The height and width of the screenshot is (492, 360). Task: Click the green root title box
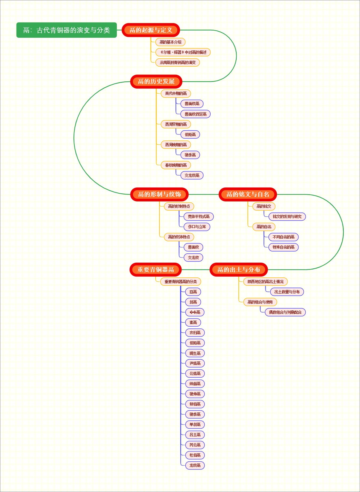(66, 30)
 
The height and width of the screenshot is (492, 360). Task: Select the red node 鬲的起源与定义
(151, 30)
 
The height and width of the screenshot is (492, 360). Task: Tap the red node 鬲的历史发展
(156, 81)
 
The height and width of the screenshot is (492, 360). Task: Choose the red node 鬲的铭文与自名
(247, 194)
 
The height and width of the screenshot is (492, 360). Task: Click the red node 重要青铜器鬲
(155, 270)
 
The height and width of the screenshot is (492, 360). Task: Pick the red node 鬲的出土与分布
(238, 270)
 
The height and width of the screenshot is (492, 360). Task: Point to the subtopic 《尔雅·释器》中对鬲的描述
(183, 52)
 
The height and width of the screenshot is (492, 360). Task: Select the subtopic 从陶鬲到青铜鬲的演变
(177, 62)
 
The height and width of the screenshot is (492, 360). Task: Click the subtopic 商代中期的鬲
(176, 93)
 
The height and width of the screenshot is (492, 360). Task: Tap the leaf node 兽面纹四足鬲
(195, 114)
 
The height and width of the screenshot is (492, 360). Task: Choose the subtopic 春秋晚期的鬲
(176, 165)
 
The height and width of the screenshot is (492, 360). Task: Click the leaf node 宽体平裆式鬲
(199, 216)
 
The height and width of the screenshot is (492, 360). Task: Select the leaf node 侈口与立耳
(197, 227)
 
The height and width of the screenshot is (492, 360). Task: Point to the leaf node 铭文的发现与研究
(287, 216)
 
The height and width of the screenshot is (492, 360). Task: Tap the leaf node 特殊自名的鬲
(283, 247)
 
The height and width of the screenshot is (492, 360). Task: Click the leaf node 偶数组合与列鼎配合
(285, 312)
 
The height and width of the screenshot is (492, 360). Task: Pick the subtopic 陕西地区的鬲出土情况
(265, 282)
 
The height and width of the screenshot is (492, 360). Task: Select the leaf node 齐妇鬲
(195, 333)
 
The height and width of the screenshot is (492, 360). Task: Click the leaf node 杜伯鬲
(195, 455)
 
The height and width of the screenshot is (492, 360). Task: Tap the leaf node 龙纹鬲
(195, 465)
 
